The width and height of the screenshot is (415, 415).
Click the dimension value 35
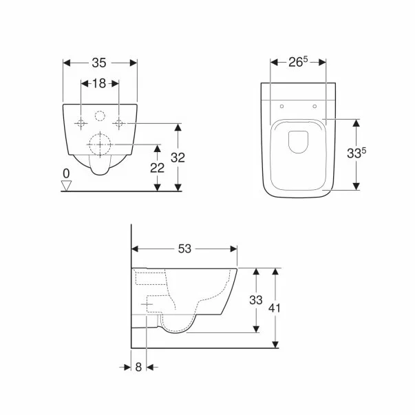(x=100, y=63)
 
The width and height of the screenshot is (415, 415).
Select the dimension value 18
(x=100, y=83)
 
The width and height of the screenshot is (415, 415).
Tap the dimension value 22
(x=158, y=168)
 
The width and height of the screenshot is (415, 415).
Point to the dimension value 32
(x=178, y=157)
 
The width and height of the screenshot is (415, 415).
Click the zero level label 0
(x=66, y=173)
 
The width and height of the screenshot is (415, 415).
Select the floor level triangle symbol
(x=67, y=184)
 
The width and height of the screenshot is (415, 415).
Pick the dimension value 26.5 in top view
(x=297, y=63)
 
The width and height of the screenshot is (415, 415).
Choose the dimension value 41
(x=275, y=308)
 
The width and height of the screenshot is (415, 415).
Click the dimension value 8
(x=138, y=368)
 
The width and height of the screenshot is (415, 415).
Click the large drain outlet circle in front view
(x=100, y=145)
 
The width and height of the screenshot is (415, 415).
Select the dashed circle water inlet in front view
(x=100, y=116)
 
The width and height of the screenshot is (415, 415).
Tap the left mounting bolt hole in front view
(x=81, y=123)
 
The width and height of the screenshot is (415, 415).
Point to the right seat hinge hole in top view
(x=314, y=106)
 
